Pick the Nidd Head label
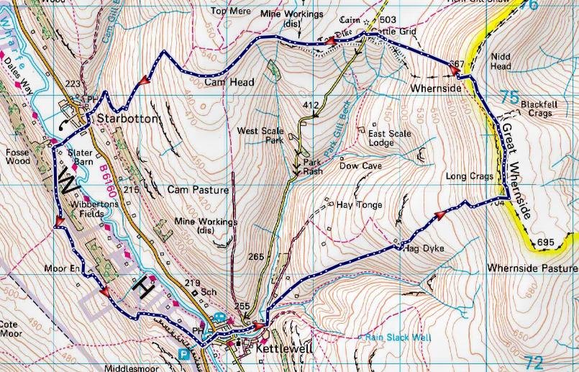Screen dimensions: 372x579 click(x=500, y=61)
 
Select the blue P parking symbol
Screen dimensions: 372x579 click(x=184, y=354)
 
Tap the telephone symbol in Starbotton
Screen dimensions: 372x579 click(x=66, y=123)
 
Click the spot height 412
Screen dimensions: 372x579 click(x=311, y=106)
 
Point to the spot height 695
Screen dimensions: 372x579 click(x=545, y=242)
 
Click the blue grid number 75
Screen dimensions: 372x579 click(x=509, y=96)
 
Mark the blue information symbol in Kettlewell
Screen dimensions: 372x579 click(x=219, y=317)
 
